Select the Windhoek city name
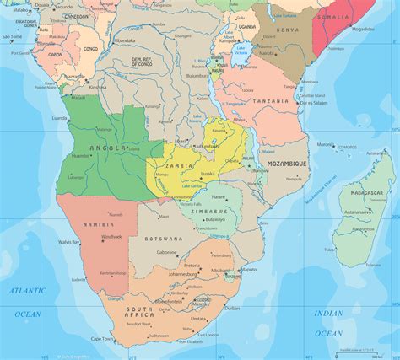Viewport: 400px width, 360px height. click(x=112, y=237)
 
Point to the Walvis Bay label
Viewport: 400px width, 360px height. click(x=68, y=243)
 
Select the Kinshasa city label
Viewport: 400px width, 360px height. click(x=98, y=87)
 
